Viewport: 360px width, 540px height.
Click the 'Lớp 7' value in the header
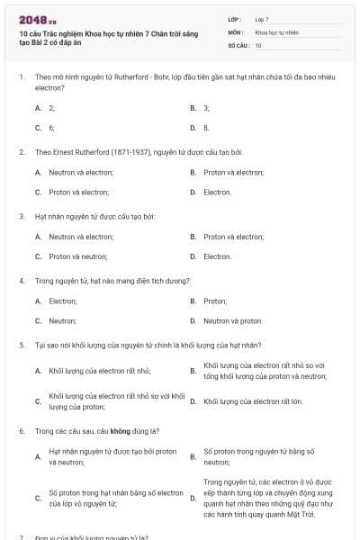(262, 19)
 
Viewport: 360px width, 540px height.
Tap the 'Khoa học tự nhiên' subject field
(275, 31)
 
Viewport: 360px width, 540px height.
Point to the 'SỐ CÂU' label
(238, 44)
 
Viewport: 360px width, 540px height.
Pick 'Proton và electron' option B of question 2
(233, 172)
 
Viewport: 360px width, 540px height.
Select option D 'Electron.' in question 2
(217, 192)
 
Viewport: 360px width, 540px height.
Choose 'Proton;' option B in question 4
(215, 301)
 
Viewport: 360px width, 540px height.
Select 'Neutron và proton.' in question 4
(233, 320)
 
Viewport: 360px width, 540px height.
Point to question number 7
(21, 536)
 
